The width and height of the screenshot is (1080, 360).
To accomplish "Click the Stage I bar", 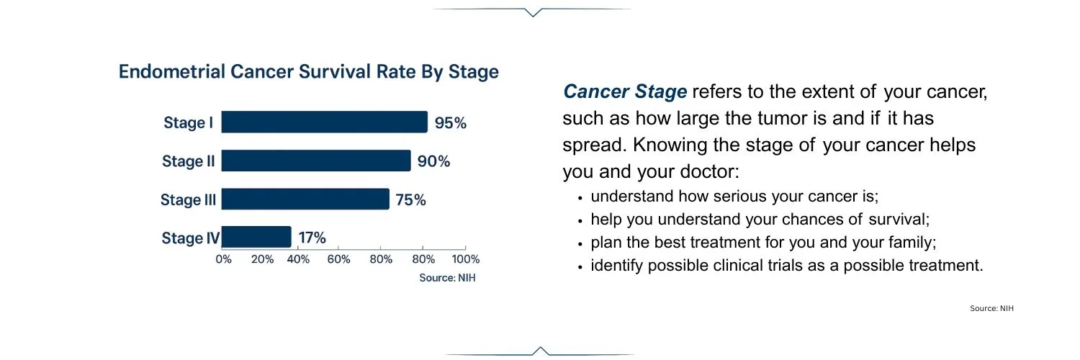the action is tap(325, 122).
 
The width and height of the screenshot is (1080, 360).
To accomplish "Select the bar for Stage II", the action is tap(316, 161).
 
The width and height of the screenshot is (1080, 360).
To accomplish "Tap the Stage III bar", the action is tap(305, 199).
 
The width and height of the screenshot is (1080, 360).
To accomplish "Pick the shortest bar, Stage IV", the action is tap(256, 237).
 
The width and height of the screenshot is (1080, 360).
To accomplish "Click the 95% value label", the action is tap(451, 123).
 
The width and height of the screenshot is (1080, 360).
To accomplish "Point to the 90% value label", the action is tap(434, 161).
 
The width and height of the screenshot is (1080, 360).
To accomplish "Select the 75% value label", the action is tap(411, 200).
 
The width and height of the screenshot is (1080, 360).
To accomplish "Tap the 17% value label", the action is tap(312, 238).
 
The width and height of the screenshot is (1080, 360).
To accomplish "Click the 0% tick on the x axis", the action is tap(223, 259).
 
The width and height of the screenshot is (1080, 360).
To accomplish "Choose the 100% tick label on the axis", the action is tap(466, 259).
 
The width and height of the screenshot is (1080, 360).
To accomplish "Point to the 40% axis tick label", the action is tap(298, 259).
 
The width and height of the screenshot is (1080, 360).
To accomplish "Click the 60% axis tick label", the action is tap(338, 259).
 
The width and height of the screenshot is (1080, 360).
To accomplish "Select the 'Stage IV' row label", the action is tap(191, 238).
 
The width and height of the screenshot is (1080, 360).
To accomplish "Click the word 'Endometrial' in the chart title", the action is tap(172, 72).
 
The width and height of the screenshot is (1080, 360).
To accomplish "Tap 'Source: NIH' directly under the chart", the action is tap(447, 278).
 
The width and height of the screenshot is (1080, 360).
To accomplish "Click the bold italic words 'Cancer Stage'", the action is tap(625, 91).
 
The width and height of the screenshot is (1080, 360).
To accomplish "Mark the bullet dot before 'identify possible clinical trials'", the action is tap(580, 266).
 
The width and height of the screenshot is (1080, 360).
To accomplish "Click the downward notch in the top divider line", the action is tap(533, 13).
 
